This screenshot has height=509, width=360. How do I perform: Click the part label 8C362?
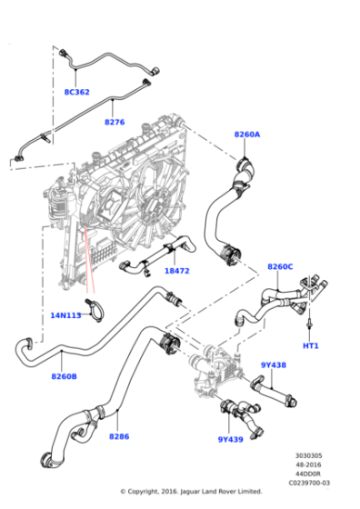point(76,92)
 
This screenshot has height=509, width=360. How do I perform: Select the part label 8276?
point(115,122)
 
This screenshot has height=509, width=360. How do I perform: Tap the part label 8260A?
point(246,135)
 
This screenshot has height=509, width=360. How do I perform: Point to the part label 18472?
point(176,271)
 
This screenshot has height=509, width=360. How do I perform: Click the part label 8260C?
point(280,266)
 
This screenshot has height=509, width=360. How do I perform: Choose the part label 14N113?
point(65,315)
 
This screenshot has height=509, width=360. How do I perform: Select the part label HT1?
point(311,346)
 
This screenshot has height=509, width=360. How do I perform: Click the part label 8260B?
point(64,376)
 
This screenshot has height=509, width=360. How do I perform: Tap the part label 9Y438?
point(274,365)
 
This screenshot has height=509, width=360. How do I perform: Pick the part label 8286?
point(119,436)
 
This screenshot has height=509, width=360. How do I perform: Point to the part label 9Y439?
point(230,439)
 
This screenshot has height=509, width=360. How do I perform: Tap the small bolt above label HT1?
point(311,324)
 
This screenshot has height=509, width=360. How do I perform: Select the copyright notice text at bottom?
point(192,492)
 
